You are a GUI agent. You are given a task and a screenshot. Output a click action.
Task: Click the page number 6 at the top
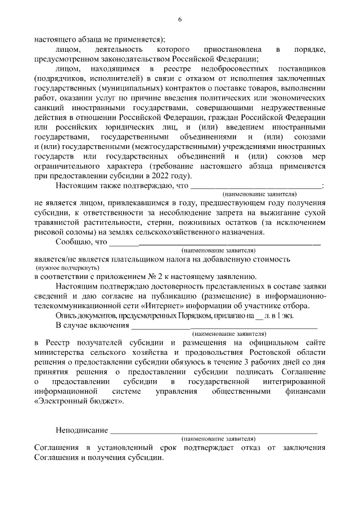tap(180, 20)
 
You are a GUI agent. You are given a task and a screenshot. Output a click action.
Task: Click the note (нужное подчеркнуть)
tap(59, 269)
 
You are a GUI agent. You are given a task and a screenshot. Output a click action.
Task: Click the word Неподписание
tap(82, 430)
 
